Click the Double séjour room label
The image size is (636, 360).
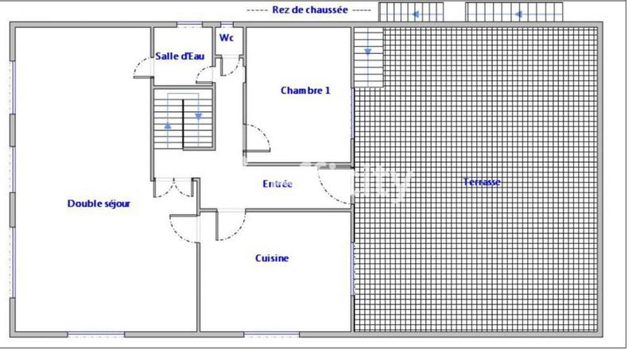coord(99,203)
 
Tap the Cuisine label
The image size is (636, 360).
coord(272,258)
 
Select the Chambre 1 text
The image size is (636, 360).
coord(305,91)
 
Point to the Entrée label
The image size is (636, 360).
coord(277,184)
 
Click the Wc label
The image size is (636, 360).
coord(227,37)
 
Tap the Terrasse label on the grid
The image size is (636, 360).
coord(482,182)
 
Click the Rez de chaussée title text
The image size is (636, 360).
coord(309,10)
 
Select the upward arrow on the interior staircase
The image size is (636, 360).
coord(168,126)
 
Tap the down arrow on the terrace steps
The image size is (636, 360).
coord(368,52)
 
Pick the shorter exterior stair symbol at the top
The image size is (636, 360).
coord(412,13)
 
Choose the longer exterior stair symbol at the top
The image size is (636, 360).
coord(514,13)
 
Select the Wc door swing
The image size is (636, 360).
coord(231,65)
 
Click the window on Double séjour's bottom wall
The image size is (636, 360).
coord(95,333)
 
